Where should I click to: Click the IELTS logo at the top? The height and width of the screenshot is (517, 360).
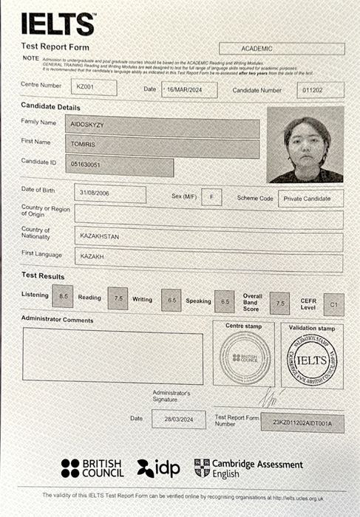(x=58, y=24)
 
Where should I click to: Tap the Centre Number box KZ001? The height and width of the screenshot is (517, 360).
(x=96, y=88)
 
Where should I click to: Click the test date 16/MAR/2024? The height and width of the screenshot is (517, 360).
(x=189, y=90)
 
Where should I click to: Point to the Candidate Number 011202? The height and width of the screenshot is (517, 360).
(x=320, y=90)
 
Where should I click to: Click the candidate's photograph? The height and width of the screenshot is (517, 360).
(x=305, y=145)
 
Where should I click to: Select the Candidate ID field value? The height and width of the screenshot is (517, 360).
(x=119, y=166)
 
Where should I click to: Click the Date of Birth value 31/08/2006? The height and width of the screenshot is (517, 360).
(x=110, y=194)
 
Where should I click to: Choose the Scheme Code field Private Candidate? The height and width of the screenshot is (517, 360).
(x=310, y=199)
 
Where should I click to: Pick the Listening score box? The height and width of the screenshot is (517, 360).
(x=64, y=297)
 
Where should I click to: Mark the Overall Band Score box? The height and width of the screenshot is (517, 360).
(x=279, y=302)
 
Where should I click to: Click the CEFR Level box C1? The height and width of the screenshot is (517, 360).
(x=333, y=304)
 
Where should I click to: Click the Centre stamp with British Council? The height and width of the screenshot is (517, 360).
(x=245, y=357)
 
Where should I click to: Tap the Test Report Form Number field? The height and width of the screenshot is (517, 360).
(x=302, y=423)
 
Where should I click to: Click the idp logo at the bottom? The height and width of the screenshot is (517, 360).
(x=159, y=468)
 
